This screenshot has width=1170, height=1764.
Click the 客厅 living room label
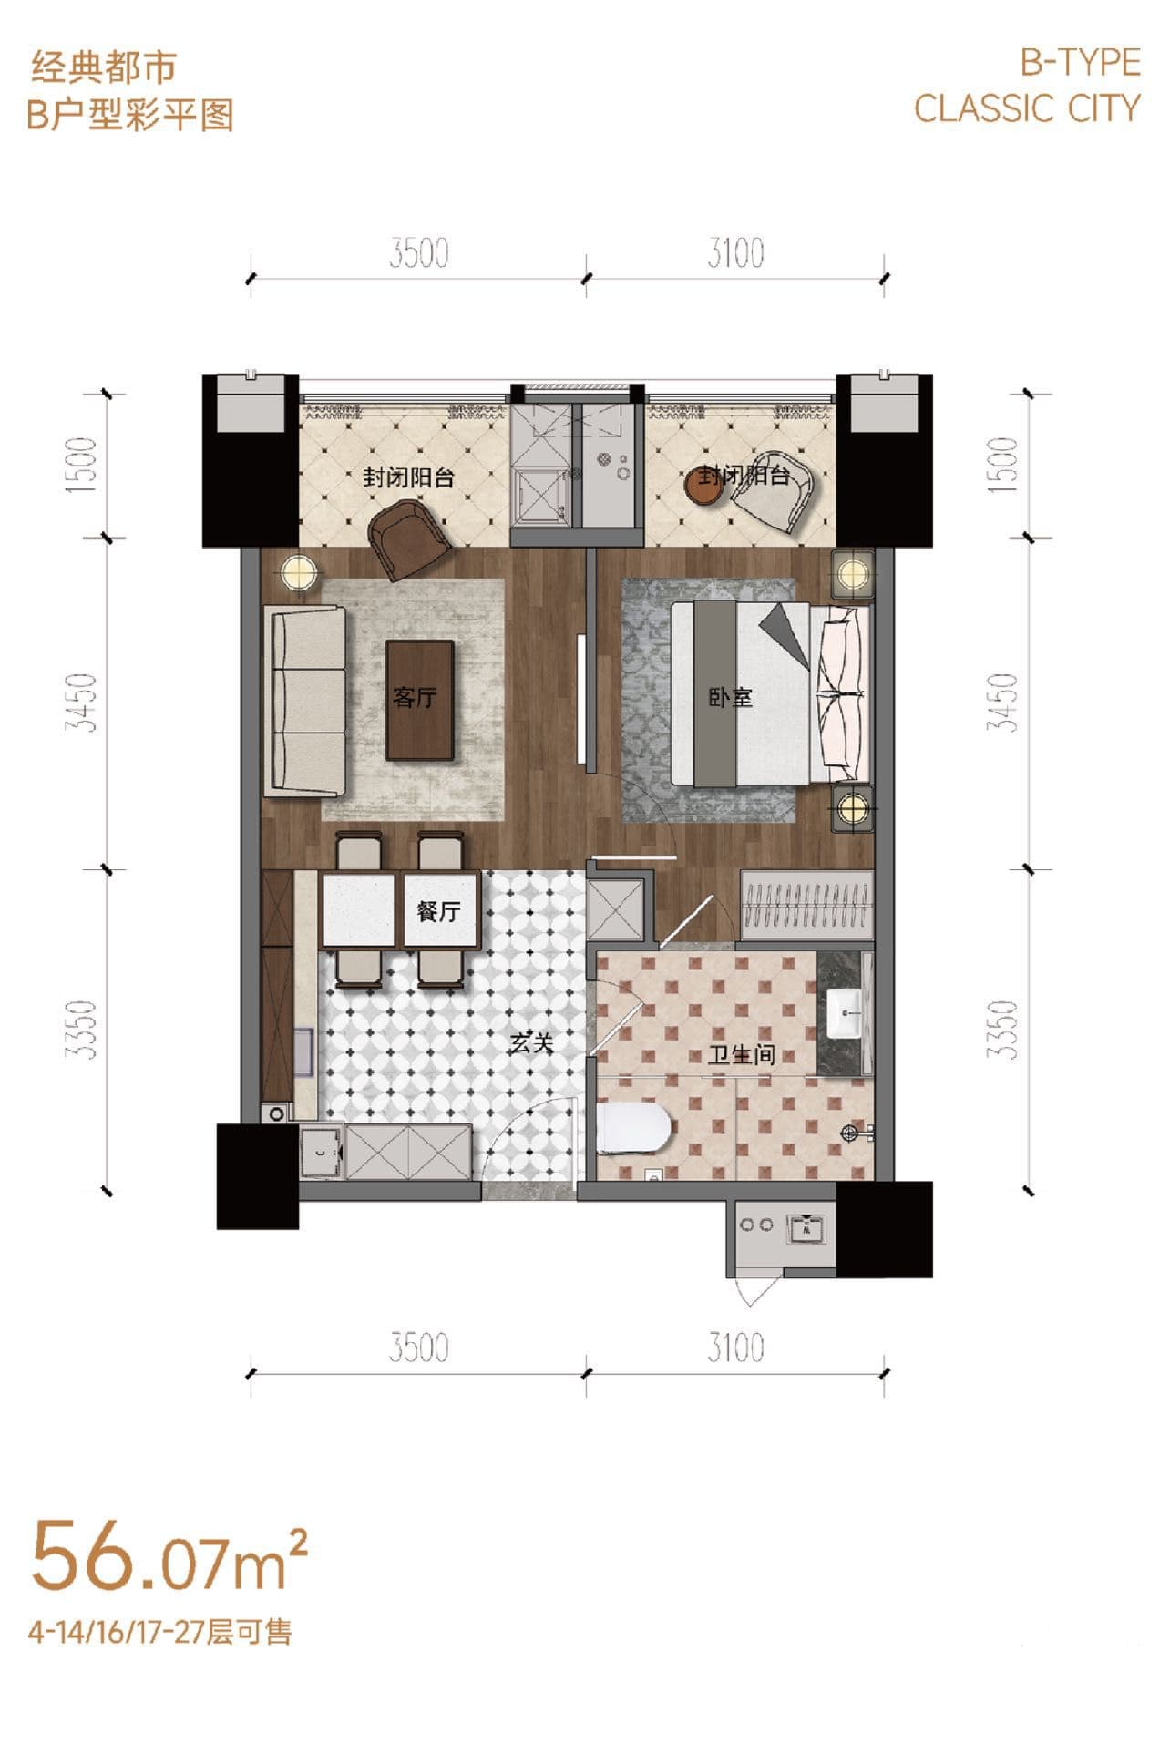(x=415, y=698)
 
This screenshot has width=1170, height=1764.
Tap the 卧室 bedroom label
(x=731, y=698)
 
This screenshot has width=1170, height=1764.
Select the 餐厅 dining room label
(x=438, y=911)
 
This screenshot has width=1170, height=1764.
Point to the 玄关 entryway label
(x=531, y=1042)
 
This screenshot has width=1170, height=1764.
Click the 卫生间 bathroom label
(x=742, y=1055)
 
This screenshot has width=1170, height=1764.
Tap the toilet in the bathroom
(x=635, y=1128)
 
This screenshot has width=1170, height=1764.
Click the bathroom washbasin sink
(x=844, y=1012)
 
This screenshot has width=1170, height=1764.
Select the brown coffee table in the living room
(x=420, y=700)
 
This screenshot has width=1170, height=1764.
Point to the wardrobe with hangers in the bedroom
(x=807, y=904)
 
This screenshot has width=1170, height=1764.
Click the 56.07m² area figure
(x=169, y=1556)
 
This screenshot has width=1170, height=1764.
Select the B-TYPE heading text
(x=1080, y=63)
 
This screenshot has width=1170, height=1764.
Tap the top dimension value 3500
(x=418, y=253)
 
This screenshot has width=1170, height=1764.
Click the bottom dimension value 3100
(x=735, y=1348)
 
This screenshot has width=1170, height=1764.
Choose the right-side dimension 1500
(x=1002, y=465)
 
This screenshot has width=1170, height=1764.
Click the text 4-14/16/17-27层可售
(x=160, y=1632)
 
